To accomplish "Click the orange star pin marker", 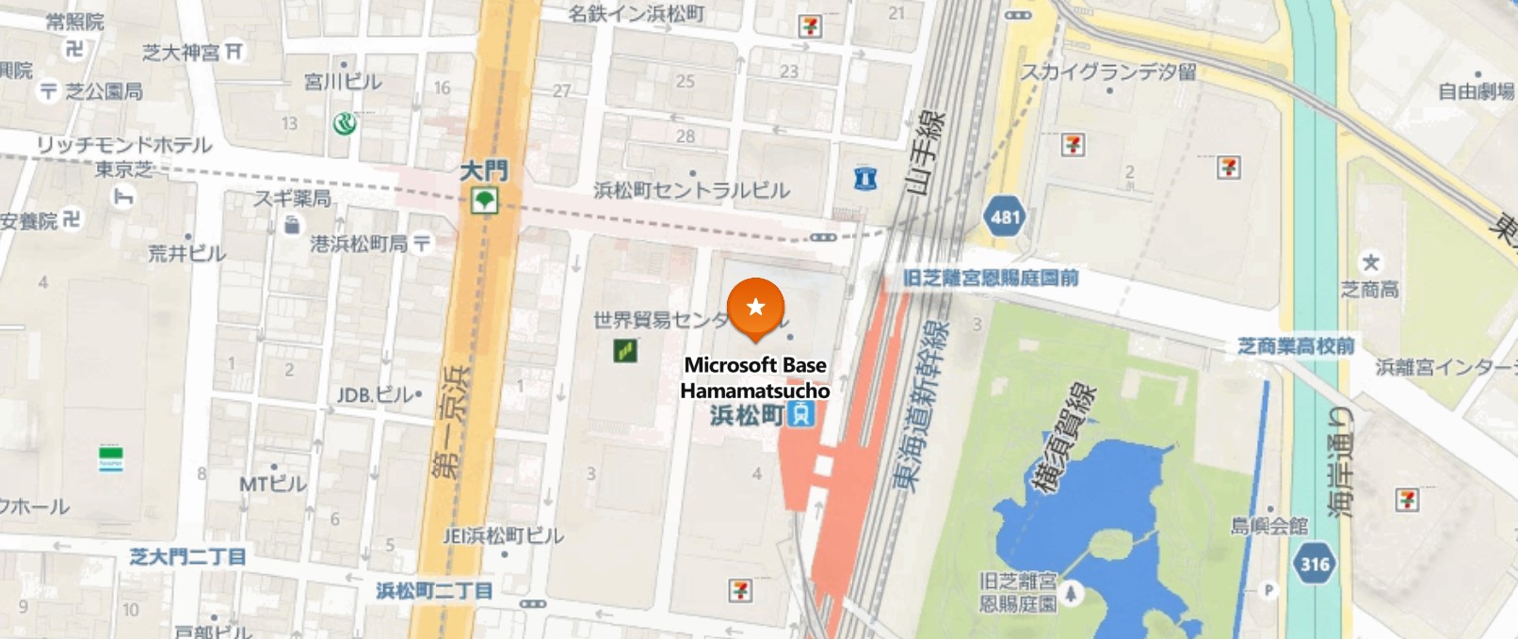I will pos(755,308).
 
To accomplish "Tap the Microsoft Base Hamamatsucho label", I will pos(755,377).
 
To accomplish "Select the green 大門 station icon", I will pos(484,200).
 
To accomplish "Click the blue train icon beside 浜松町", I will pos(800,413).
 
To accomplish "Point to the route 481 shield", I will pos(1006,217).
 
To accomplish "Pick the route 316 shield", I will pos(1315,564).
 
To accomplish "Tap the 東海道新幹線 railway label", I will pos(921,406).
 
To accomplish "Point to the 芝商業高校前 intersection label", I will pos(1296,346).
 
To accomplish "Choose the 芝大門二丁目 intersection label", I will pos(187,556).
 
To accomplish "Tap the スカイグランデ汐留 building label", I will pos(1108,72).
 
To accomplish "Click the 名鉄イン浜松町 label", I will pos(637,13).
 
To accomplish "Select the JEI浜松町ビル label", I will pos(504,535).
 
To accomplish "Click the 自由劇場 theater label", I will pos(1476,91).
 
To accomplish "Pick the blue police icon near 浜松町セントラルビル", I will pos(864,177).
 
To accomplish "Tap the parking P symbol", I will pos(1268,590).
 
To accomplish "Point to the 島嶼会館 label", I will pos(1269,525).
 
